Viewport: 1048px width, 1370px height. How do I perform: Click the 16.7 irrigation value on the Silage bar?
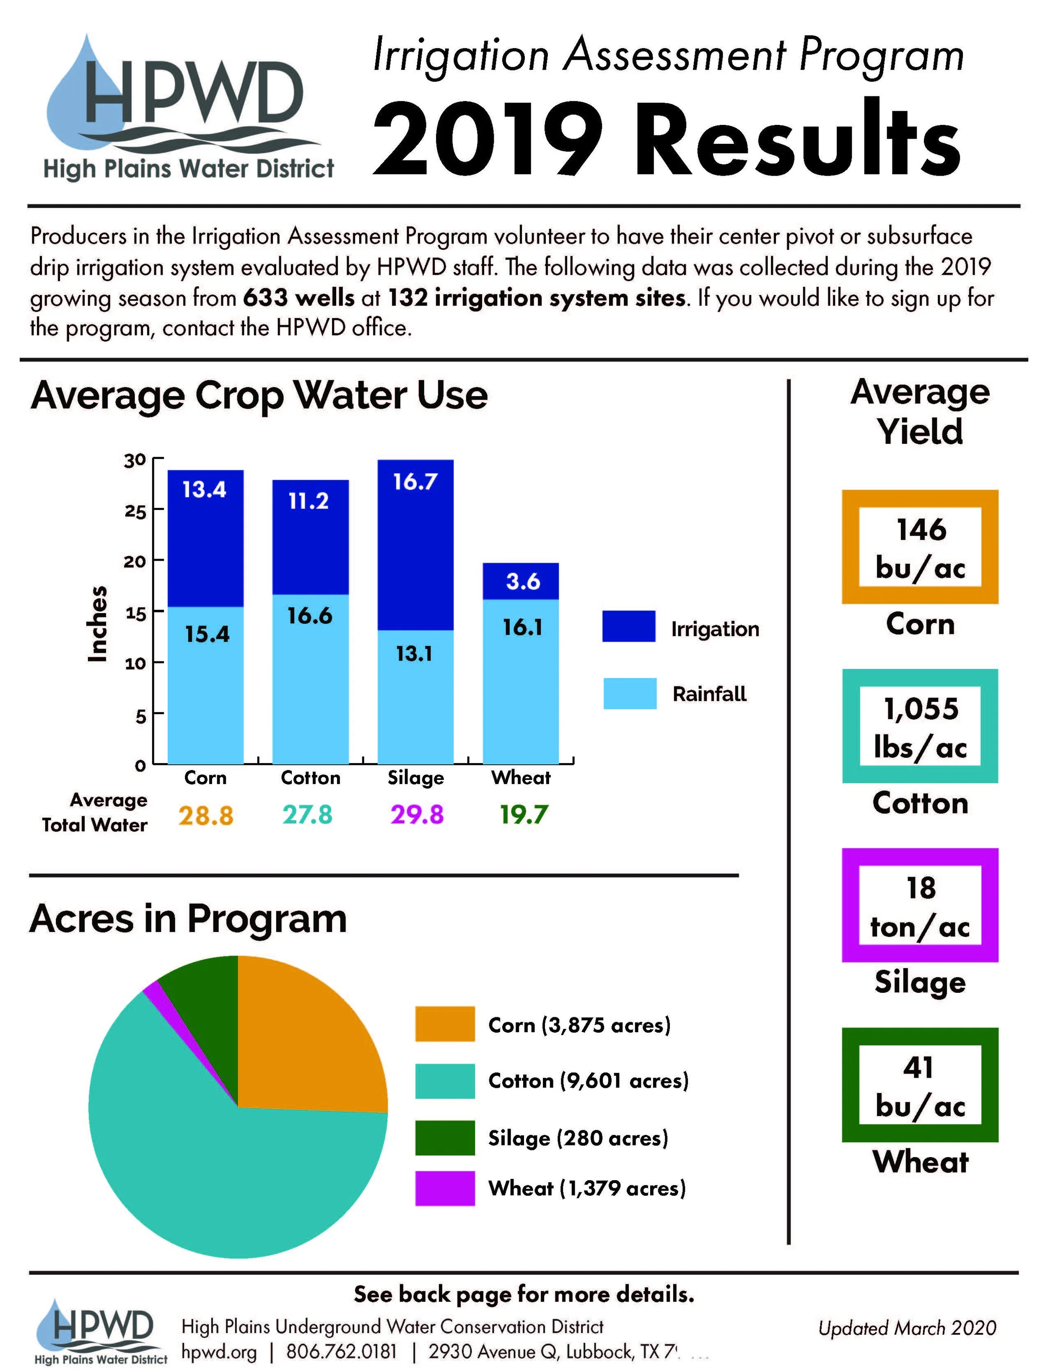tap(415, 482)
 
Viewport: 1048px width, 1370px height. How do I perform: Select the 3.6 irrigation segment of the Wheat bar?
tap(522, 581)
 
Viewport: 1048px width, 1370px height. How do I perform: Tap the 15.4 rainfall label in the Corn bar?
tap(207, 634)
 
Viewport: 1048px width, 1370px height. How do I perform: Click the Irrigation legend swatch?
tap(628, 626)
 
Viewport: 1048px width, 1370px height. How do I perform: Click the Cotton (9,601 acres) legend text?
tap(588, 1081)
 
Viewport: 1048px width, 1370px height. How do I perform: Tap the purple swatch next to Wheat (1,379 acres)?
tap(444, 1188)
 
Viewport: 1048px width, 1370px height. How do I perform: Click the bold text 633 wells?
tap(298, 298)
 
